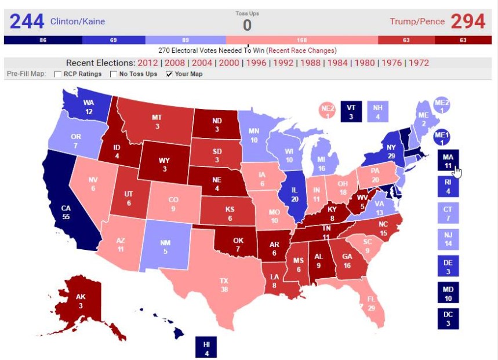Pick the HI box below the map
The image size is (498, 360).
coord(206,346)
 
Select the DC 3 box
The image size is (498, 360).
coord(448,319)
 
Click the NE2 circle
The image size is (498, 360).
coord(327,110)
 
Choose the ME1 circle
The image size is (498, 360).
coord(442,137)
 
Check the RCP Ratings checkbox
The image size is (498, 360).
coord(58,74)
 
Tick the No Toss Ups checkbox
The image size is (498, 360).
coord(114,74)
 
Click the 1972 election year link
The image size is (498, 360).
coord(419,63)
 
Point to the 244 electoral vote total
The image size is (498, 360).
coord(27,21)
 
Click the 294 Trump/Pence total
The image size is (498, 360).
coord(467,21)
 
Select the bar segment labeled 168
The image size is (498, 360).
coord(301,40)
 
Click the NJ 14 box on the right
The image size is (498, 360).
coord(448,239)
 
